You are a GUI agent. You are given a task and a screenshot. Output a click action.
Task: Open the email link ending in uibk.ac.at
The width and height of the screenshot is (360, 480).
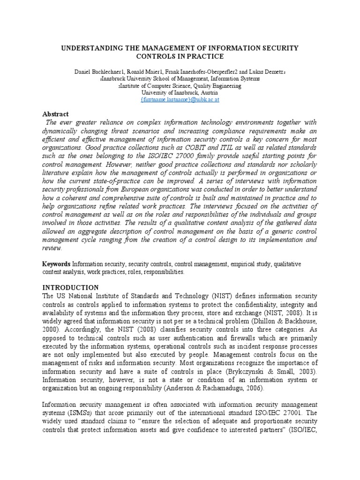pyautogui.click(x=180, y=100)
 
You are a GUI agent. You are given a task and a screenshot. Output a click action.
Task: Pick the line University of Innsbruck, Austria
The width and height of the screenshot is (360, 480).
pyautogui.click(x=180, y=93)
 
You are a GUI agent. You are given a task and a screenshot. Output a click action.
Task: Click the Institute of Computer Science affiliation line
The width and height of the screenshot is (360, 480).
pyautogui.click(x=180, y=87)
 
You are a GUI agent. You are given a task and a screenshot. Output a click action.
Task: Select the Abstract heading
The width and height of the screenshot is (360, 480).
pyautogui.click(x=56, y=114)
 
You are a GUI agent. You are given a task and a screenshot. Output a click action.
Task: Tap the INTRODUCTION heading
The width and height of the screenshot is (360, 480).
pyautogui.click(x=71, y=287)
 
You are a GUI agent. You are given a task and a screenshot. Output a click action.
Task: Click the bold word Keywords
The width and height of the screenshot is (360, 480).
pyautogui.click(x=56, y=264)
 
